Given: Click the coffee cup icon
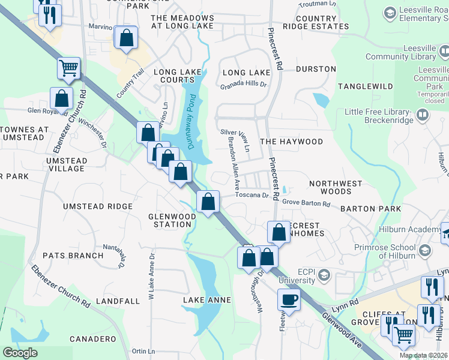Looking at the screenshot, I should click(x=289, y=300).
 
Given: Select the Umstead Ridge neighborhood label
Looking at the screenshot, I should click(x=98, y=206).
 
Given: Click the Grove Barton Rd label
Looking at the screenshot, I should click(x=306, y=204).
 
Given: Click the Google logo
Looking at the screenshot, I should click(x=20, y=353).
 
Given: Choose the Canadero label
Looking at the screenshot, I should click(x=92, y=339).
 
